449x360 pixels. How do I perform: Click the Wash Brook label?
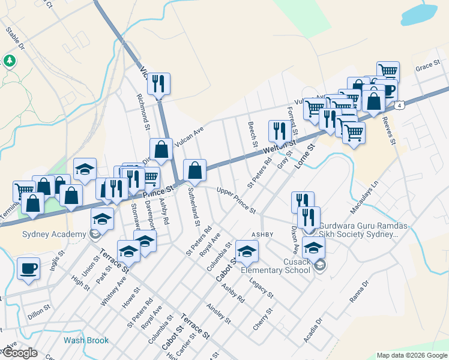pyautogui.click(x=86, y=340)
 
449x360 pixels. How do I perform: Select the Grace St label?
pyautogui.click(x=428, y=68)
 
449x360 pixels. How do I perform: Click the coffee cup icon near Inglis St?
pyautogui.click(x=28, y=268)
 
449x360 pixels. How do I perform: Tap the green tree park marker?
pyautogui.click(x=10, y=61)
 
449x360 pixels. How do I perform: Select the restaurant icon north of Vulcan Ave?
pyautogui.click(x=158, y=84)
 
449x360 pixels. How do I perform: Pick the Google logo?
pyautogui.click(x=19, y=353)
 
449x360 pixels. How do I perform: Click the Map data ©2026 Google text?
pyautogui.click(x=411, y=355)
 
